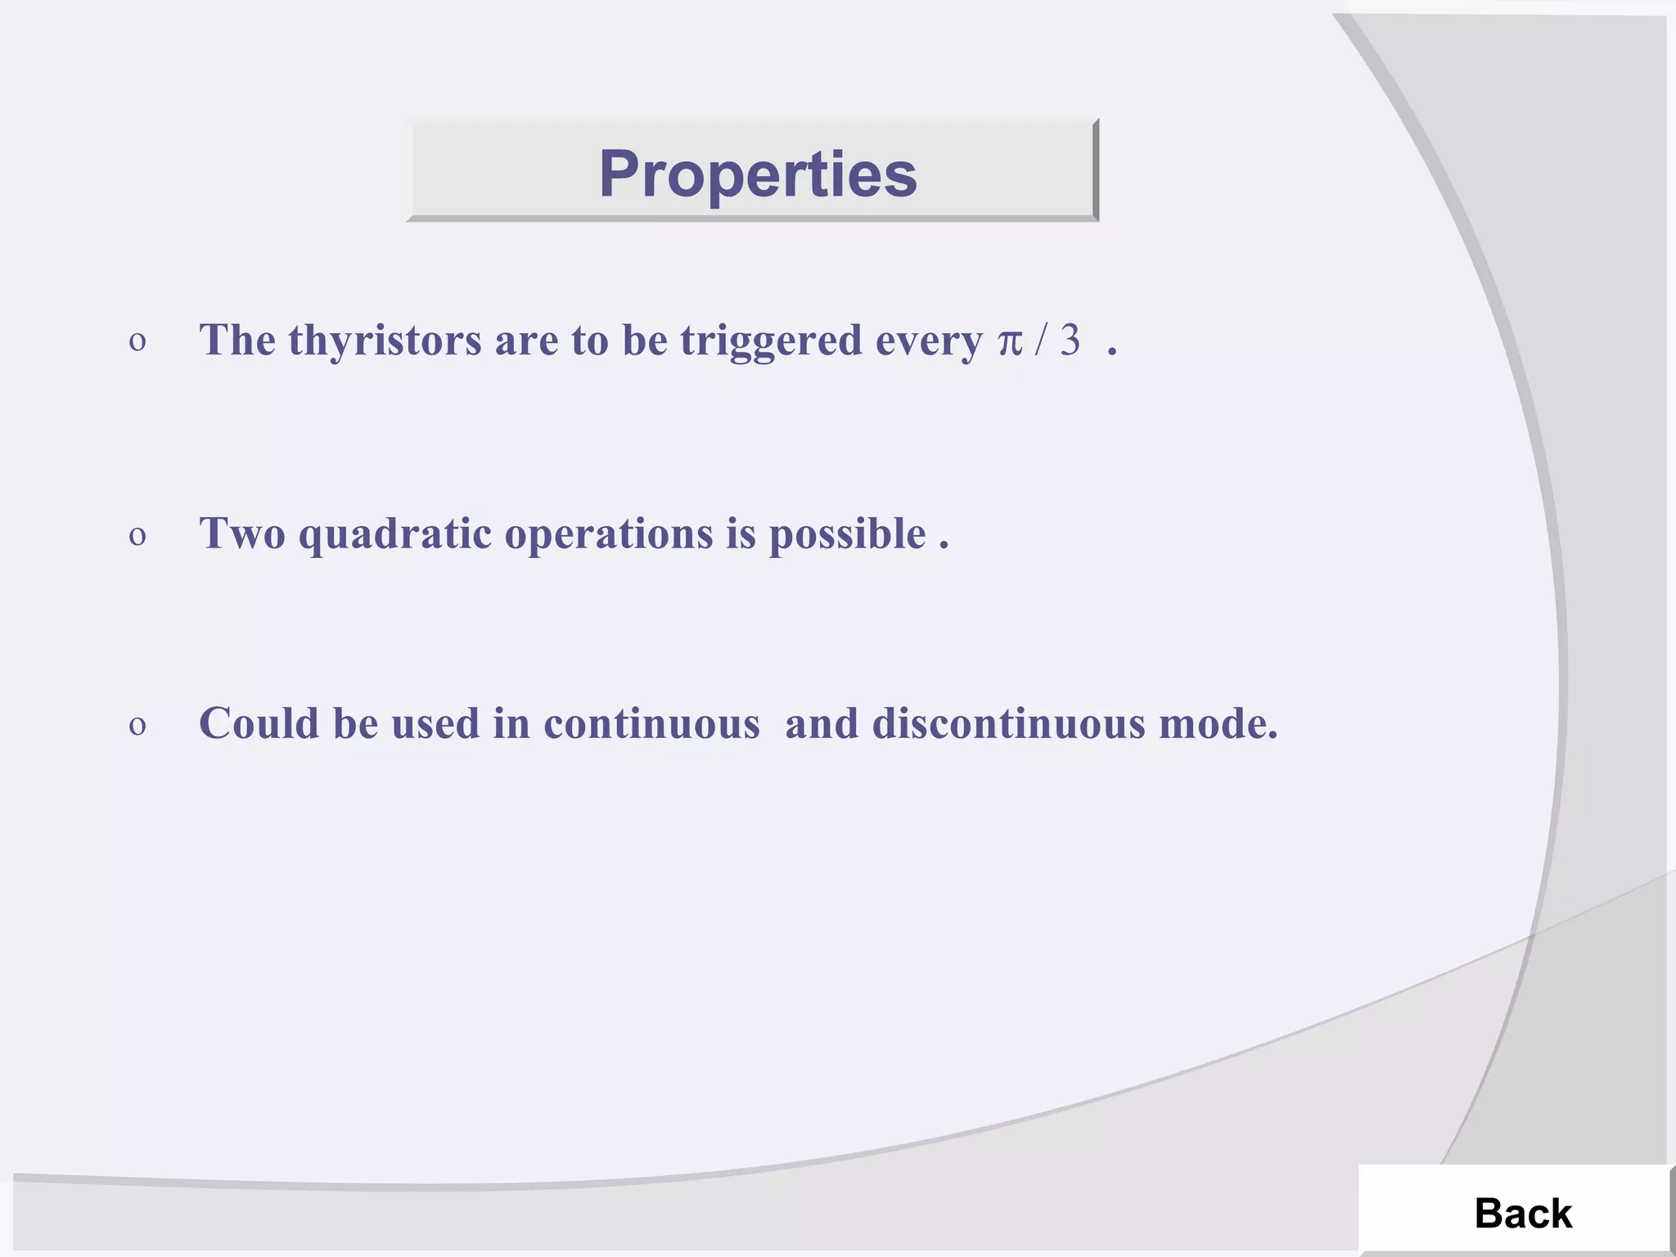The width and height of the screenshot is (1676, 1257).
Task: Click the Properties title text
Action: (x=757, y=174)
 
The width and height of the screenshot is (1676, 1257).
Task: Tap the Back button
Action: (x=1522, y=1213)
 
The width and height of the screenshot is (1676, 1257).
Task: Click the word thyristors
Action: (x=385, y=340)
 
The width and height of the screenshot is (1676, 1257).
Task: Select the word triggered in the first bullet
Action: (x=771, y=340)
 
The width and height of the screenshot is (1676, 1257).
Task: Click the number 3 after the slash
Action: (x=1070, y=340)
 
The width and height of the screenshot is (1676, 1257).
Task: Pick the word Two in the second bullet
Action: (x=242, y=534)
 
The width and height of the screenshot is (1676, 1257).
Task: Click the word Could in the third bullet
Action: (x=259, y=724)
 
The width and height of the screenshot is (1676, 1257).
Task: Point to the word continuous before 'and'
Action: (x=651, y=724)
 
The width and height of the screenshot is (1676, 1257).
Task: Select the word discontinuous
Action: (x=1008, y=724)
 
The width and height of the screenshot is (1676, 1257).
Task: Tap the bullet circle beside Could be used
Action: (x=137, y=726)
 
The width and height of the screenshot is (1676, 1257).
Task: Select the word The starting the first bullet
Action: (x=237, y=340)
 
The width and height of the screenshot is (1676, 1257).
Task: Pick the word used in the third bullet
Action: (x=435, y=724)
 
